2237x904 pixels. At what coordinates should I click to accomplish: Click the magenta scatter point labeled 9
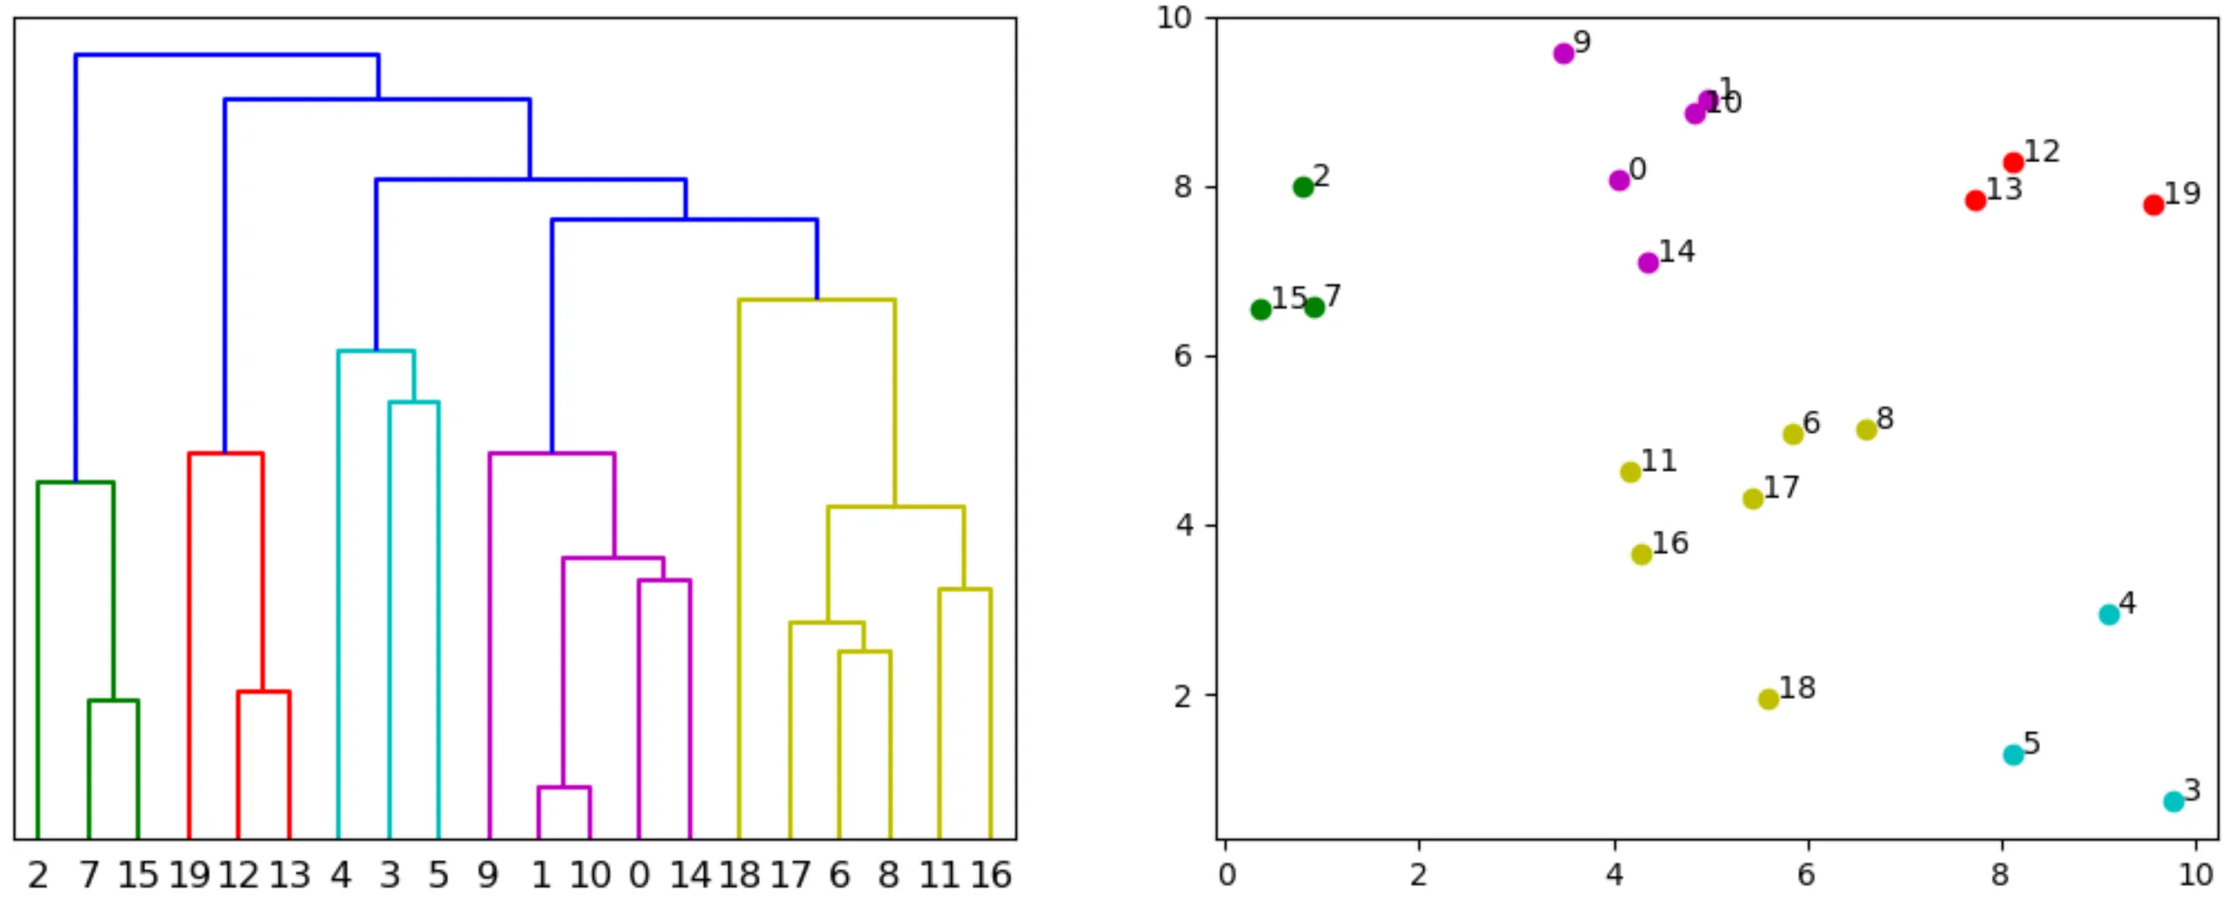click(x=1563, y=53)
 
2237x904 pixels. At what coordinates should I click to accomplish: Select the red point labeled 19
click(x=2153, y=205)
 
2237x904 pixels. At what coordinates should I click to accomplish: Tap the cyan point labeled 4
click(x=2109, y=615)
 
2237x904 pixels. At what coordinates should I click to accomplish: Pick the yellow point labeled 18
click(x=1769, y=699)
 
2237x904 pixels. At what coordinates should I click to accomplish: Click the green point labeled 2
click(x=1303, y=187)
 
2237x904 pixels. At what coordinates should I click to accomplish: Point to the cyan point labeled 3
click(x=2174, y=802)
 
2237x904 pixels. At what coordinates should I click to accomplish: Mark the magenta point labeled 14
click(x=1648, y=263)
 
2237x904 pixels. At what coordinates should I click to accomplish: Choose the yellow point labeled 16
click(x=1641, y=555)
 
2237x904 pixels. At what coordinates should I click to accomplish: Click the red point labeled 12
click(x=2013, y=163)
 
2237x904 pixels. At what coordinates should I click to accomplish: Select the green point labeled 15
click(x=1260, y=310)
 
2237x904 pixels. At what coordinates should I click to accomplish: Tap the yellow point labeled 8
click(x=1867, y=430)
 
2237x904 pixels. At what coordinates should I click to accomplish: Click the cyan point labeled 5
click(x=2013, y=755)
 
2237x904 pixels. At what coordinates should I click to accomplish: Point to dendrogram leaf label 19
click(x=190, y=876)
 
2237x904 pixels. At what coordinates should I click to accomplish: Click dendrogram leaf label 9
click(x=487, y=876)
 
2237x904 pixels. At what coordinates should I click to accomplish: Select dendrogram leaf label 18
click(x=739, y=876)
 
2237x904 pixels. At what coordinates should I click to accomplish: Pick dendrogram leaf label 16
click(x=990, y=876)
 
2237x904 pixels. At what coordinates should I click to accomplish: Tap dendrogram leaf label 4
click(x=340, y=876)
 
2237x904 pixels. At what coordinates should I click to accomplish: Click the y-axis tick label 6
click(x=1183, y=356)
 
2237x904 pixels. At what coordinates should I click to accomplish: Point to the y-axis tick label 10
click(x=1174, y=18)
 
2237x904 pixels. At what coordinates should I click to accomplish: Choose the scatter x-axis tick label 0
click(x=1226, y=875)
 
